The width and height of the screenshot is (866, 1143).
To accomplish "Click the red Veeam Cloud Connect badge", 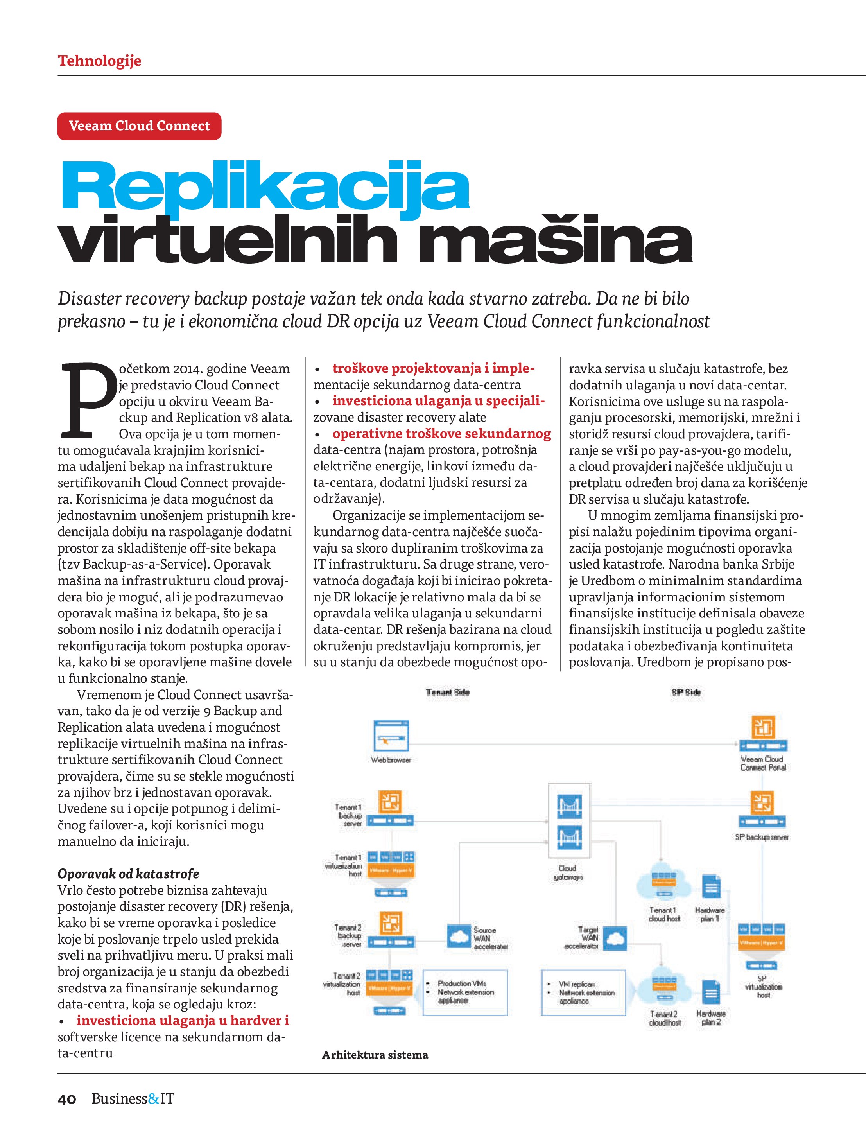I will pos(139,126).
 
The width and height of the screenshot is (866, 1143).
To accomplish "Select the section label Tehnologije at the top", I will pos(99,61).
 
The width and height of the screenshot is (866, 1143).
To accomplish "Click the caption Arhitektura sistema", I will pos(375,1055).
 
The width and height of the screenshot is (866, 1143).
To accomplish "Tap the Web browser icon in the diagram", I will pos(391,736).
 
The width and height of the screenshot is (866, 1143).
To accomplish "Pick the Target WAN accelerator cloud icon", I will pos(614,936).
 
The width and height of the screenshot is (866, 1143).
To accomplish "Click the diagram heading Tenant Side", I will pos(448,693).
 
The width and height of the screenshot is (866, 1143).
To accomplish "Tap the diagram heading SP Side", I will pos(686,693).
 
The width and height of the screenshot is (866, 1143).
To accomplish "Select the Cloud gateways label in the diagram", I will pos(568,872).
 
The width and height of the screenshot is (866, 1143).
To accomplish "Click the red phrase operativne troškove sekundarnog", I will pos(442,434).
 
